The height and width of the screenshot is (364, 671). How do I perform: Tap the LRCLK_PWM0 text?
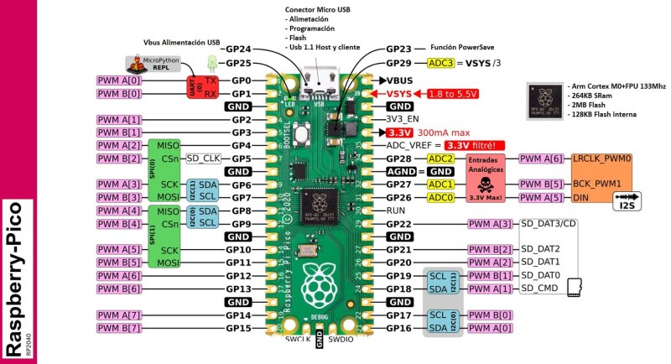(601, 159)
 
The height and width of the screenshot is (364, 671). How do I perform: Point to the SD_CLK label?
(202, 159)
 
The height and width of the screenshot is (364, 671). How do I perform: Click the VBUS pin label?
(402, 80)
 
